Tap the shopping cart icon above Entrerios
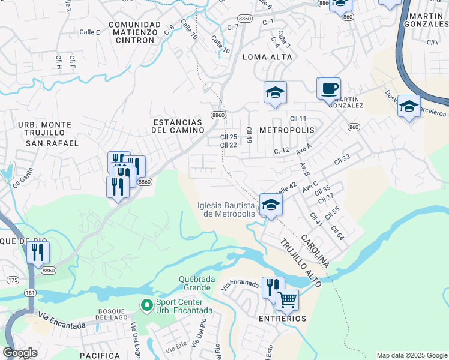tap(287, 299)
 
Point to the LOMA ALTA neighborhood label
tap(267, 57)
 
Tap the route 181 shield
tap(30, 293)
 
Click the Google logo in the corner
tap(20, 353)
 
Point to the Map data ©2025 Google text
tap(411, 355)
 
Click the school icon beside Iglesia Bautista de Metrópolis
tap(270, 206)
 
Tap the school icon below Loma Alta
tap(275, 93)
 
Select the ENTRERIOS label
tap(283, 319)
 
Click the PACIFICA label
tap(100, 356)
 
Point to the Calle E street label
tap(89, 32)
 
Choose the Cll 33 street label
tap(342, 158)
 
